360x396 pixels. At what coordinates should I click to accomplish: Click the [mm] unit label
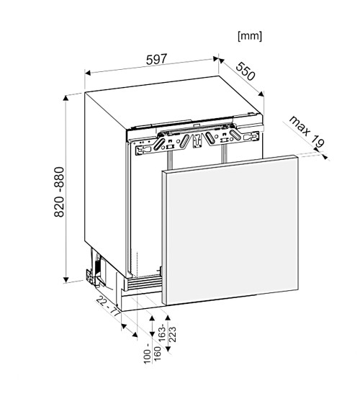250,36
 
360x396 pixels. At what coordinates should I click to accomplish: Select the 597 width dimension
157,59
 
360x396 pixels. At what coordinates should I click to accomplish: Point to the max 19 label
306,131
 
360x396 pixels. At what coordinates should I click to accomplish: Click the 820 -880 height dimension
60,192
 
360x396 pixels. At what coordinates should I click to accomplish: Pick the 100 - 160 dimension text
153,354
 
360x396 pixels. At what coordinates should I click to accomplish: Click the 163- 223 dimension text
168,333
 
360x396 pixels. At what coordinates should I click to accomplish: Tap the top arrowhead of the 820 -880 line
66,99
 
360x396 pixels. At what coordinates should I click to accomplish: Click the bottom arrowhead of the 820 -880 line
66,279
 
